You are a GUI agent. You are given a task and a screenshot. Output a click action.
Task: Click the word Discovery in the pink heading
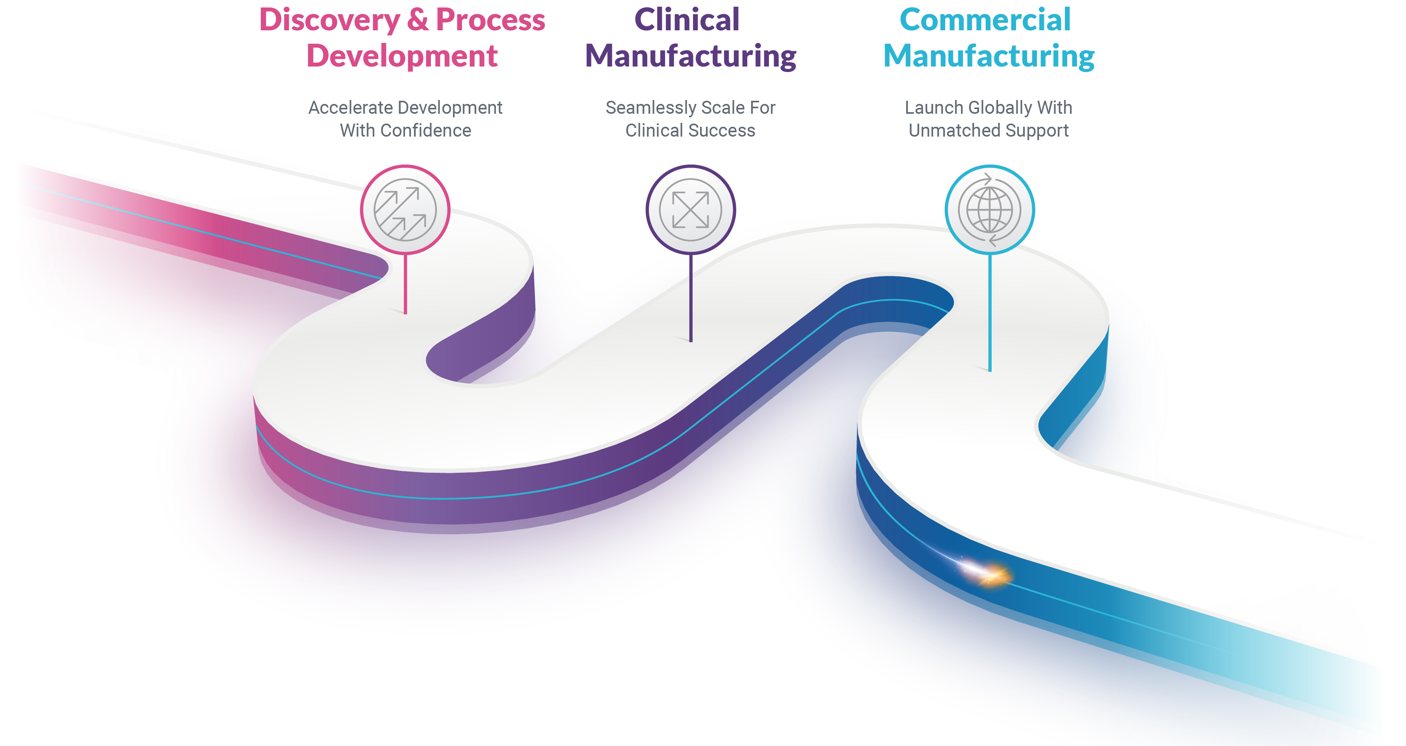point(329,21)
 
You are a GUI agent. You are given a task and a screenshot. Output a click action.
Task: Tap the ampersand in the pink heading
point(418,21)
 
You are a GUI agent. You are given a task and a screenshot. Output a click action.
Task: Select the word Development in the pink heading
point(402,57)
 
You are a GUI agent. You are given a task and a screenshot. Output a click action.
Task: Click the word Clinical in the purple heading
point(687,21)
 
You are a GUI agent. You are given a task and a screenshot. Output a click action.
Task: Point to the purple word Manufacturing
point(691,57)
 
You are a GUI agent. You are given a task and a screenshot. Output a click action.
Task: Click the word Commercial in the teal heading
point(985,21)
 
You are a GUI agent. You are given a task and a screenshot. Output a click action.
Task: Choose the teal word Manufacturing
point(988,57)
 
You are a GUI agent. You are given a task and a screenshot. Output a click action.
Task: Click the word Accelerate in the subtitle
point(343,107)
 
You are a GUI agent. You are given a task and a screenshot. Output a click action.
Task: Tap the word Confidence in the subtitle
point(426,131)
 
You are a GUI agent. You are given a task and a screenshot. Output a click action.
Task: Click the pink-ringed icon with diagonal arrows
point(405,210)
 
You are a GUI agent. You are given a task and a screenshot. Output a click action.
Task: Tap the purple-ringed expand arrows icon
point(691,210)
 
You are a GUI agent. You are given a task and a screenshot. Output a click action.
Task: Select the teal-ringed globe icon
point(990,210)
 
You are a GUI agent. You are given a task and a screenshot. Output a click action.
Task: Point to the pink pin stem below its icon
point(405,284)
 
